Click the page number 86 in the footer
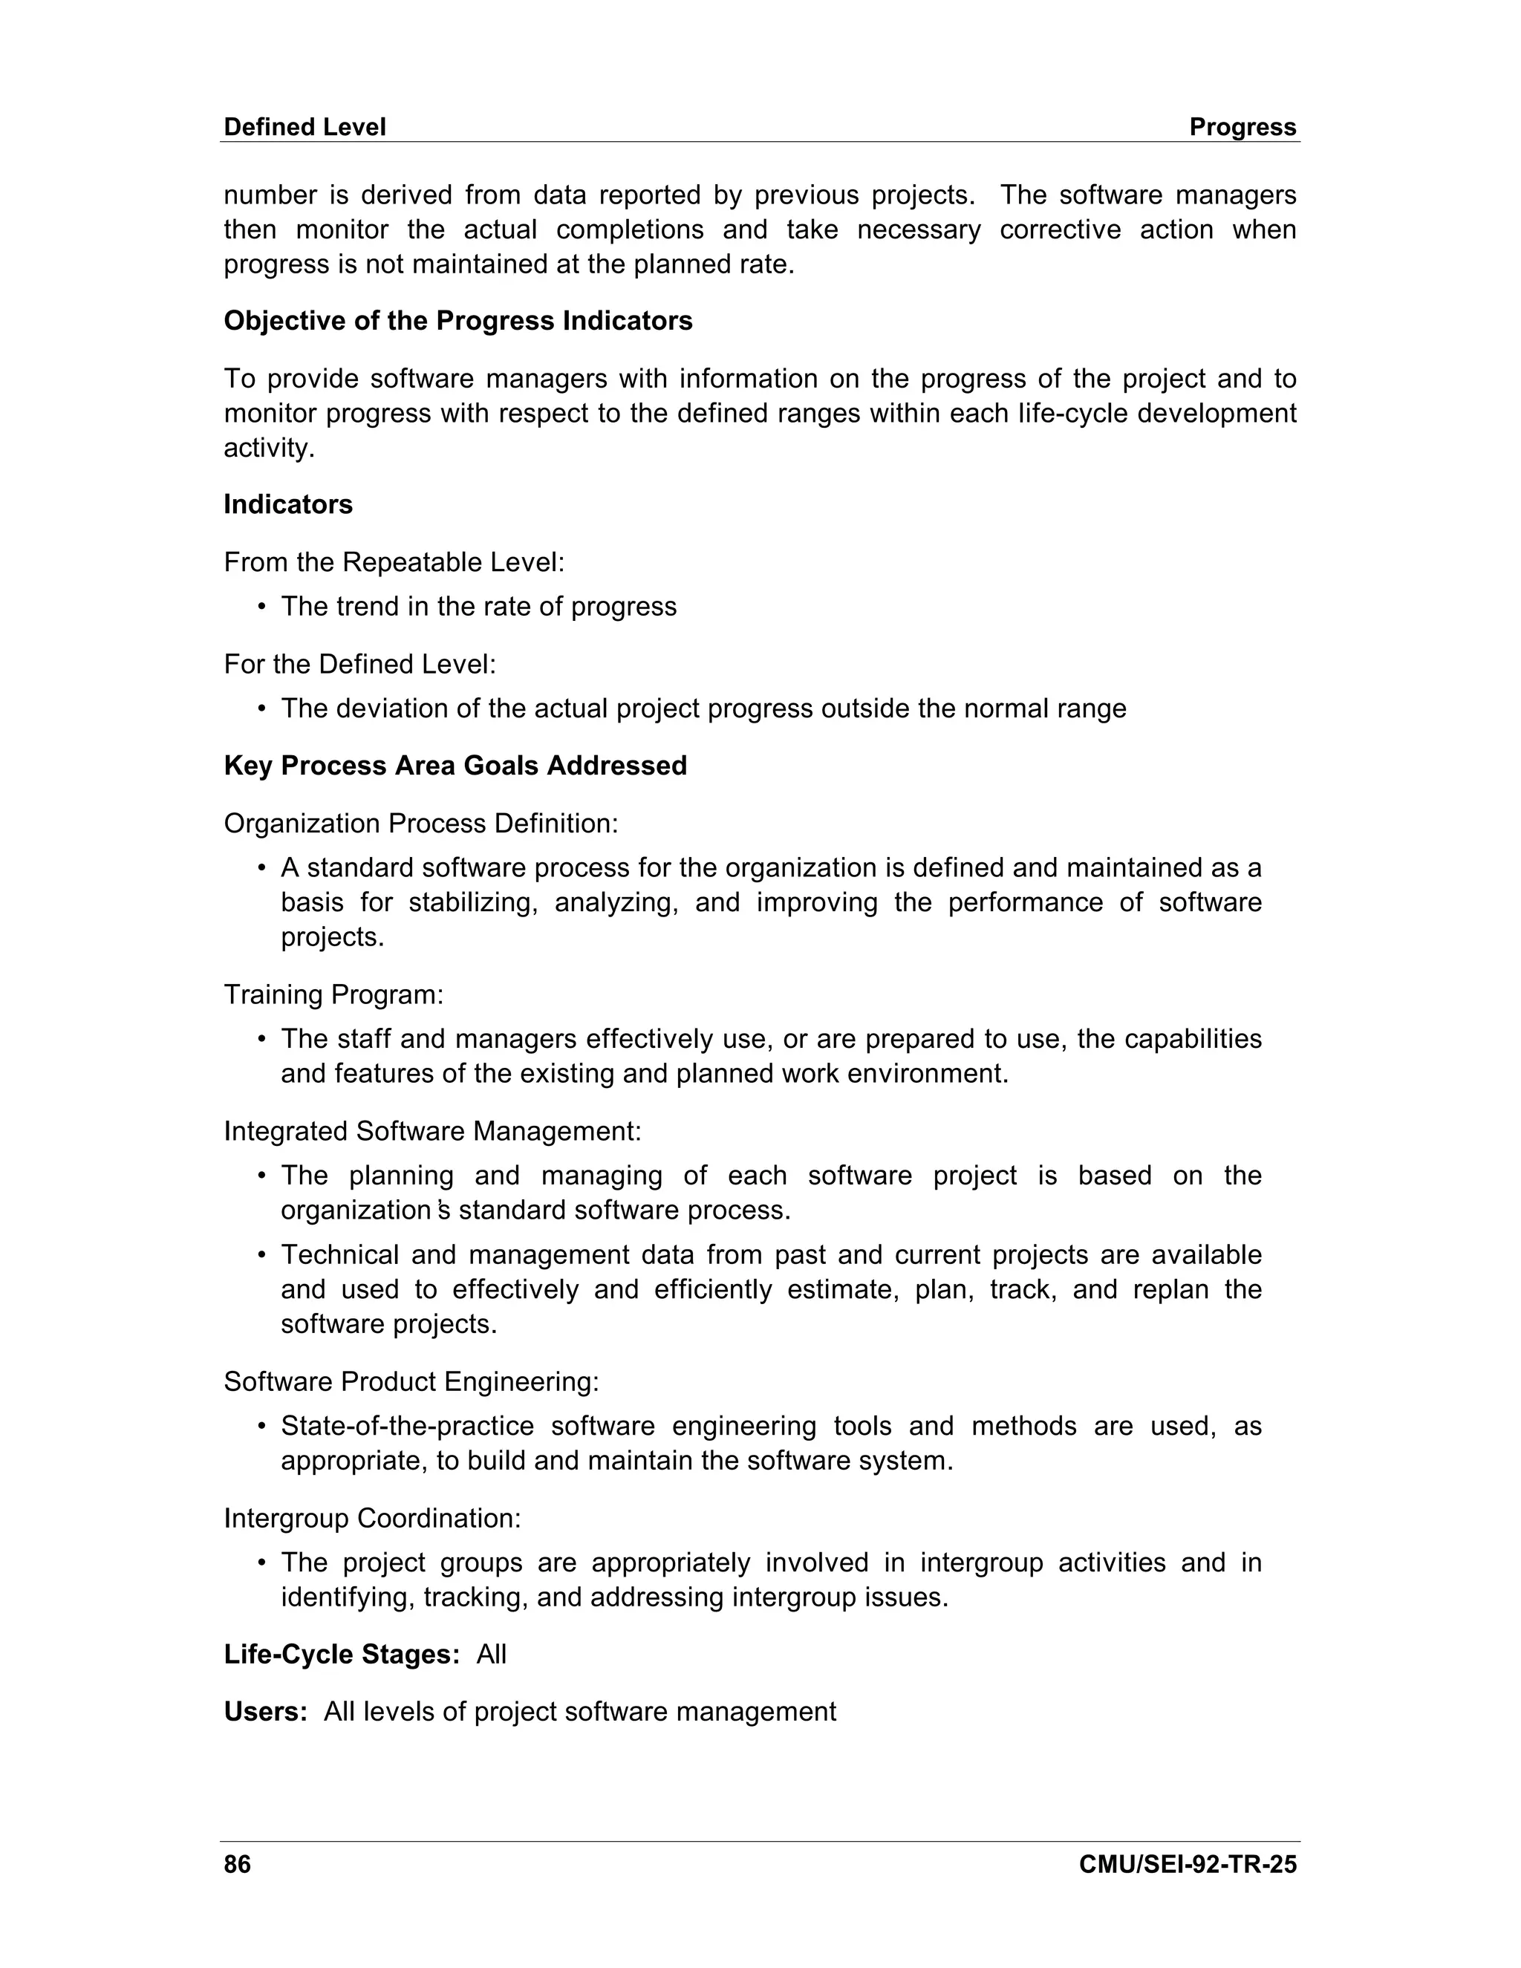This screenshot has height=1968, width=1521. (237, 1864)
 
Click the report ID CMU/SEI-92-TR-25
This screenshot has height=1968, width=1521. (1187, 1864)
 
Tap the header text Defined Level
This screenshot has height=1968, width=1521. (304, 127)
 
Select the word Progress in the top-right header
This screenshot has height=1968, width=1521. (1242, 127)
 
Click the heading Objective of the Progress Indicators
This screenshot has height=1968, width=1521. (457, 321)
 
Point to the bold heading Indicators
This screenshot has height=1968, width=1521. (287, 504)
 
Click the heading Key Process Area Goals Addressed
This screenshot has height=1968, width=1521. (455, 766)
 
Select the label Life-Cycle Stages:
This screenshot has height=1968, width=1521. (342, 1655)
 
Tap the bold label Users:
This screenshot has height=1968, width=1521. (266, 1712)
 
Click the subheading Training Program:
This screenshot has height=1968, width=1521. (333, 995)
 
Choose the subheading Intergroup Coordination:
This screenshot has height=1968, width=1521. (372, 1519)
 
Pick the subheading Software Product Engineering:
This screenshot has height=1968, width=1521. (411, 1381)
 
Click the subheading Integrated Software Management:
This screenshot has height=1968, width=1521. (432, 1131)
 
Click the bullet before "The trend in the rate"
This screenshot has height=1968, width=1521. (261, 607)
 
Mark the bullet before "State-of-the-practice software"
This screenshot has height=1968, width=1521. (261, 1427)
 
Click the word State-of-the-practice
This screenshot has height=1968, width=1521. (406, 1427)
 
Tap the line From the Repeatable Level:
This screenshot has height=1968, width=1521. (394, 562)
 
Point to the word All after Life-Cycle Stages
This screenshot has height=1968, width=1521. (491, 1655)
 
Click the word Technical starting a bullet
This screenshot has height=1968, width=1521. (338, 1255)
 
